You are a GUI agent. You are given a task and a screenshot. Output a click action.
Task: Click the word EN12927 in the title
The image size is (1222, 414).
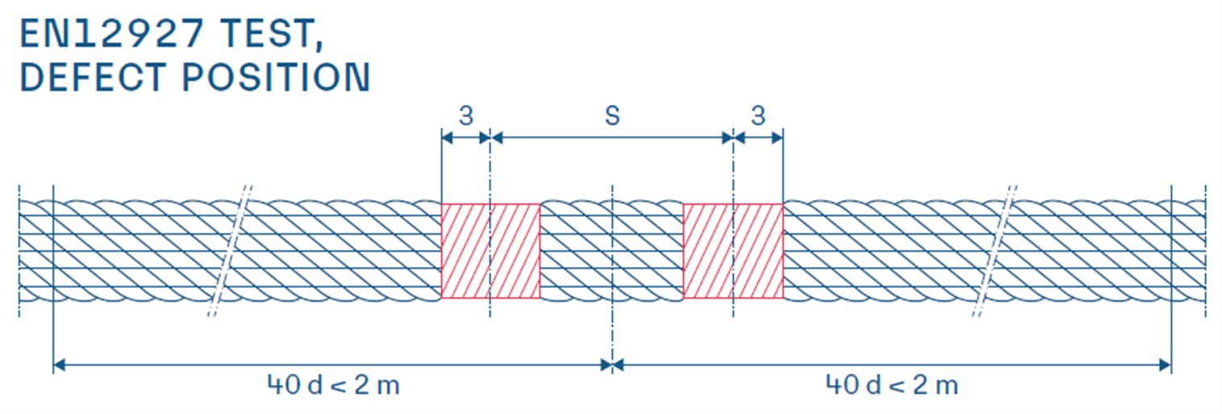(112, 34)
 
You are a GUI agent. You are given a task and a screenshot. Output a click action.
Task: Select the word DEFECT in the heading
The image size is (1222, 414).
(93, 77)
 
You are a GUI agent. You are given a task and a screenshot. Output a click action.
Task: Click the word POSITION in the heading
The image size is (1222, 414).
(276, 77)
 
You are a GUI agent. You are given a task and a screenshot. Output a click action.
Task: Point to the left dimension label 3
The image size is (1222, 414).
(466, 115)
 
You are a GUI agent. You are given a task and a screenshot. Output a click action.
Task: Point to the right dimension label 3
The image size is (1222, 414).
(758, 115)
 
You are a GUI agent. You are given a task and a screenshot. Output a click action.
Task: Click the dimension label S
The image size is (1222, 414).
(613, 115)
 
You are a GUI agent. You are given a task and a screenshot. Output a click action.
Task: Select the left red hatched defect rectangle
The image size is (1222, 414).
(490, 251)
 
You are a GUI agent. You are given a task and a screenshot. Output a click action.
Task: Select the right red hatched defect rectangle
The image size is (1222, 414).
(733, 251)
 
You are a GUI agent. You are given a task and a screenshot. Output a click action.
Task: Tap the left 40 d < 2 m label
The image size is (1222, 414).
(333, 385)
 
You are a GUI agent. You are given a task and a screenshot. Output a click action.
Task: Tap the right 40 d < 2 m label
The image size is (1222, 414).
(892, 385)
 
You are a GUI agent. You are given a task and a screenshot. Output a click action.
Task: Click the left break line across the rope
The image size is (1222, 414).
(230, 251)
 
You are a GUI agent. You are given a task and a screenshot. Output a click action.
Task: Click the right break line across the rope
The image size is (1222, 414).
(994, 251)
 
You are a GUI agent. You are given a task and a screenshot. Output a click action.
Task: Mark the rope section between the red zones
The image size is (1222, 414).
(611, 251)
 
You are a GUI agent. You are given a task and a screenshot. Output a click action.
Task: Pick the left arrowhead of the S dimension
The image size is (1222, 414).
(496, 138)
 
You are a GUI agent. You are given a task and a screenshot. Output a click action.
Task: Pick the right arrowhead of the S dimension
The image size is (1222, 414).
(728, 138)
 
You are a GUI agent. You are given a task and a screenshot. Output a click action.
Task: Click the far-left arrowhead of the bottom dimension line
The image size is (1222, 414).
(60, 365)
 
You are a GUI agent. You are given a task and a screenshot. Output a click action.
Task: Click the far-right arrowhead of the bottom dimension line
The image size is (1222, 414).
(1166, 365)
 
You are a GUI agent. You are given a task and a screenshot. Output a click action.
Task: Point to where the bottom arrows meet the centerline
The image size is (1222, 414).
(612, 365)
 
